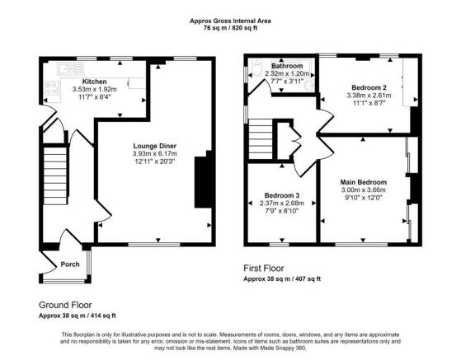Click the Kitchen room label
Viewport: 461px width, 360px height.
(94, 82)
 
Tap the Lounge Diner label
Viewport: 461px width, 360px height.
(155, 146)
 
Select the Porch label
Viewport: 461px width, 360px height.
(70, 264)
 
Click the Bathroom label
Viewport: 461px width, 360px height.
(287, 66)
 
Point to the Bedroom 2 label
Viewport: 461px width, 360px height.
(369, 87)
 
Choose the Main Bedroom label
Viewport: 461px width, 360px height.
(364, 182)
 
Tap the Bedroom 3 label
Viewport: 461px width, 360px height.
(282, 195)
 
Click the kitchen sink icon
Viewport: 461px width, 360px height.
(71, 69)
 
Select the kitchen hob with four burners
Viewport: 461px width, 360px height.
(52, 88)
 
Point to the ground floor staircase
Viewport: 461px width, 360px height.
(55, 175)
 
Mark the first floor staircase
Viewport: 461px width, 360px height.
(261, 139)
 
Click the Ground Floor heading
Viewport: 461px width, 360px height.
(65, 305)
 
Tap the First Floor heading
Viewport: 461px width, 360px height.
(264, 269)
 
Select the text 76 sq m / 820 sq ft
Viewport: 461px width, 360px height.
(230, 28)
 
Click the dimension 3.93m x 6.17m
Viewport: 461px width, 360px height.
(155, 153)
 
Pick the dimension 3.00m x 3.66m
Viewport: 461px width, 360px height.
(364, 189)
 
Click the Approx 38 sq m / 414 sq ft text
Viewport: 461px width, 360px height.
(78, 316)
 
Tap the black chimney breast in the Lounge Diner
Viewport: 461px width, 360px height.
(204, 182)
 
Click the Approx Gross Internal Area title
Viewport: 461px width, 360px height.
(230, 21)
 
